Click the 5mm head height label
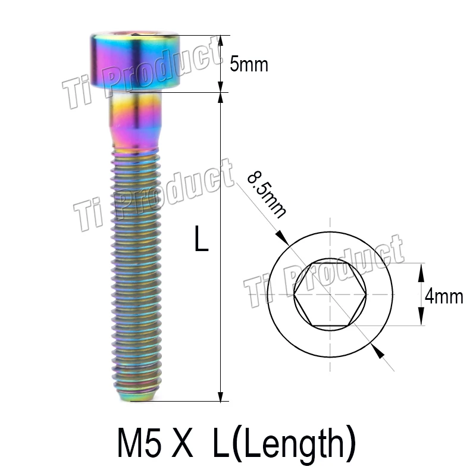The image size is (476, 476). point(249,64)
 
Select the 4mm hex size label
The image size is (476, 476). point(444,296)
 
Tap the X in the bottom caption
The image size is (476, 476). point(185,444)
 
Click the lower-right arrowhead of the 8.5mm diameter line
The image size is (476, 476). point(376,351)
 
